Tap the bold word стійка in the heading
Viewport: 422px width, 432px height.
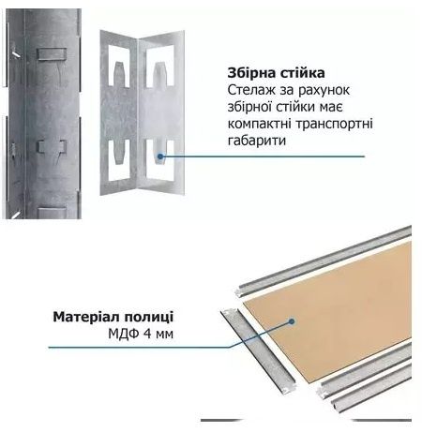(303, 72)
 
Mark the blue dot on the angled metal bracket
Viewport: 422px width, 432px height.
(164, 156)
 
